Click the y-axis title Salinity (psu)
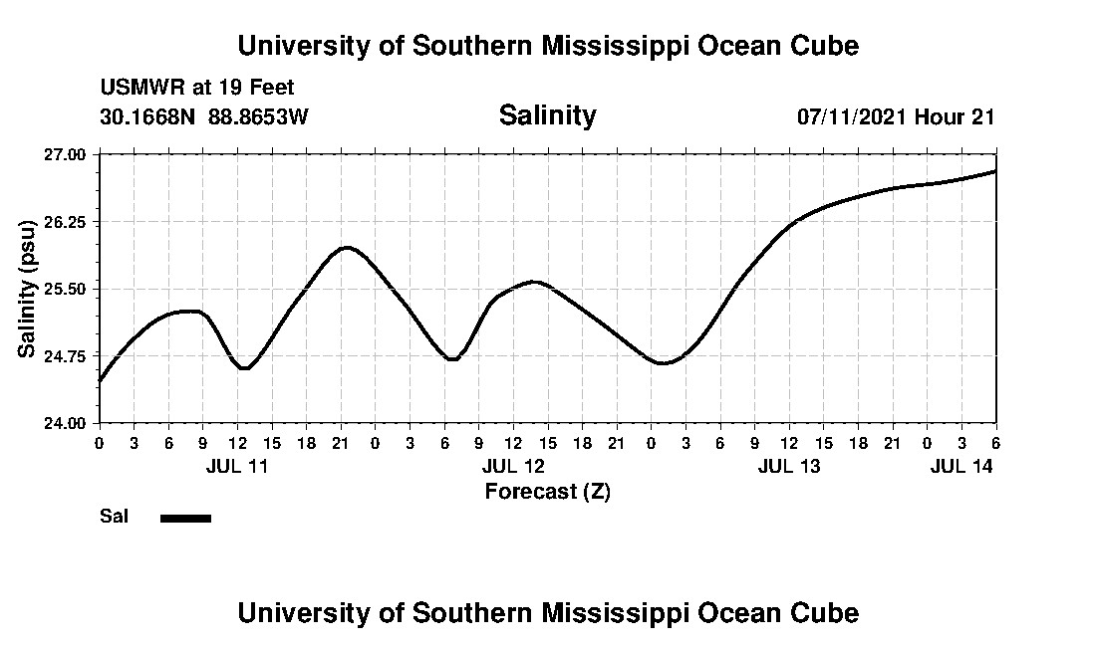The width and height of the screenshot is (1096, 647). pyautogui.click(x=28, y=290)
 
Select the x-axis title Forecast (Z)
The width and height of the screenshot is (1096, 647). pyautogui.click(x=547, y=491)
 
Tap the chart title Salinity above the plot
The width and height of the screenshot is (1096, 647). pyautogui.click(x=547, y=115)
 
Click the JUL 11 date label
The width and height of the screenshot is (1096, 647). pyautogui.click(x=237, y=466)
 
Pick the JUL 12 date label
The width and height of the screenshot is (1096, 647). pyautogui.click(x=513, y=466)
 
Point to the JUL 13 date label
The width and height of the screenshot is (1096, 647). pyautogui.click(x=789, y=466)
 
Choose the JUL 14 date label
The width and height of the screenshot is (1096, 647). pyautogui.click(x=961, y=466)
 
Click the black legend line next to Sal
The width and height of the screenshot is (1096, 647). pyautogui.click(x=185, y=518)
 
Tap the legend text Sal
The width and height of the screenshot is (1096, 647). pyautogui.click(x=113, y=517)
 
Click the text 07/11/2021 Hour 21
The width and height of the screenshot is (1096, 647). pyautogui.click(x=896, y=117)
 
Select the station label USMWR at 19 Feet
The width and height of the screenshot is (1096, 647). pyautogui.click(x=197, y=88)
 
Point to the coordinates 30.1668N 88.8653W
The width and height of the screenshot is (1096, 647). pyautogui.click(x=204, y=117)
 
